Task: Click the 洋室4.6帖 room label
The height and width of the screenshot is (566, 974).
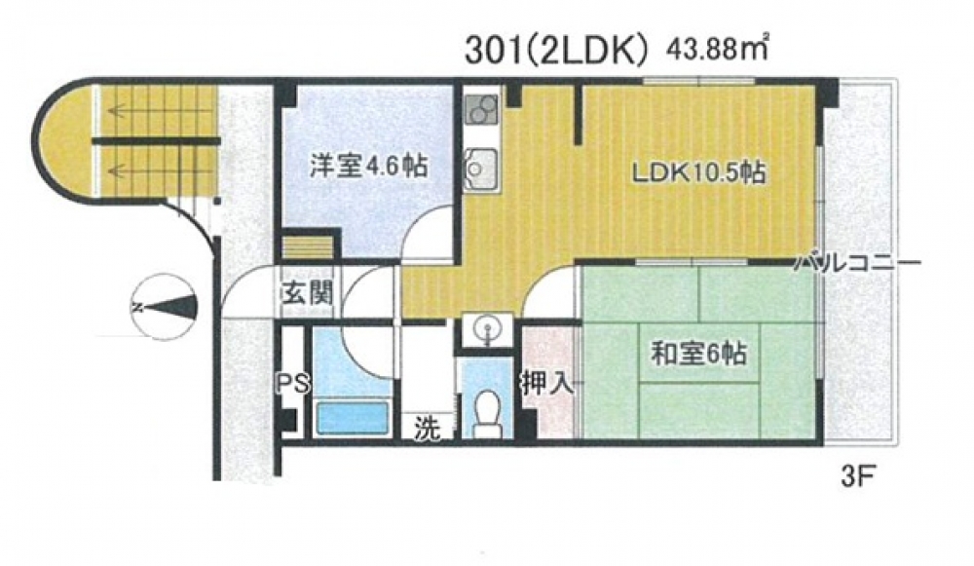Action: point(368,168)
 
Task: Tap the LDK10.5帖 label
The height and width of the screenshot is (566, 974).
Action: point(698,173)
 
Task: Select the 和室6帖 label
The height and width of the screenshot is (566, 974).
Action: point(698,355)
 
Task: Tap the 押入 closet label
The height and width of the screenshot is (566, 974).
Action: point(546,385)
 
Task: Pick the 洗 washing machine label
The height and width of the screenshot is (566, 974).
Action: point(428,428)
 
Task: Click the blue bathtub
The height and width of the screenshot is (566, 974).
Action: point(353,418)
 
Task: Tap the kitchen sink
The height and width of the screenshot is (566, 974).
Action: point(480,168)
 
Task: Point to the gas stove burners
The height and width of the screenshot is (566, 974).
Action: point(481,110)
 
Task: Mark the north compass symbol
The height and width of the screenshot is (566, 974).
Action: point(164,307)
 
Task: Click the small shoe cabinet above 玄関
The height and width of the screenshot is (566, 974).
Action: point(308,246)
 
